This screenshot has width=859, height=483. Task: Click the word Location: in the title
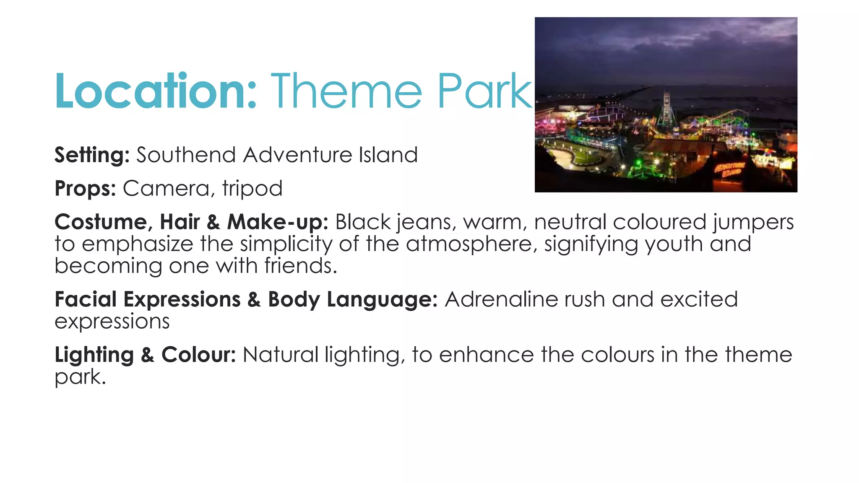[155, 91]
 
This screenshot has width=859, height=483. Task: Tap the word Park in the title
[484, 91]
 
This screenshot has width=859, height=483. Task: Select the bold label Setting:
[92, 155]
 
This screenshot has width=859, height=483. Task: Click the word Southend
[186, 155]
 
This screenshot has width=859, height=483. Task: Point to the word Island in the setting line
[388, 155]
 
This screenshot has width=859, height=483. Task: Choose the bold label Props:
[85, 188]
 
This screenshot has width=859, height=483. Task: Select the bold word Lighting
[94, 355]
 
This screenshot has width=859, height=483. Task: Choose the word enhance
[487, 355]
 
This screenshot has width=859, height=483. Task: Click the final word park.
[80, 377]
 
